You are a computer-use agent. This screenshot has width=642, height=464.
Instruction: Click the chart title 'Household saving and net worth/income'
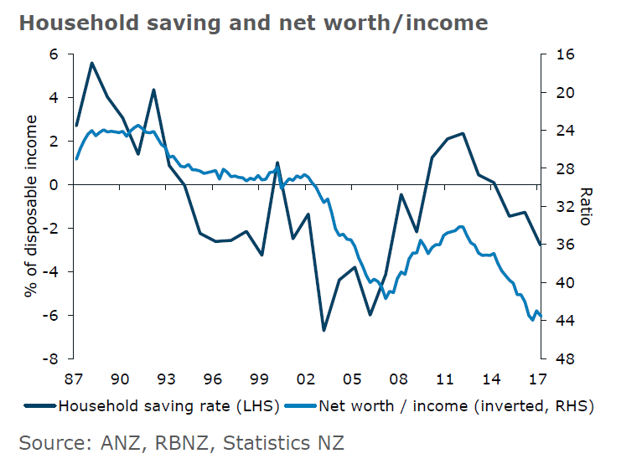coord(253,22)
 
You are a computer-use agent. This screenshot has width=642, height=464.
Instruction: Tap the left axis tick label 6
coord(55,54)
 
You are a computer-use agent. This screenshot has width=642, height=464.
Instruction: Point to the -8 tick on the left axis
coord(52,358)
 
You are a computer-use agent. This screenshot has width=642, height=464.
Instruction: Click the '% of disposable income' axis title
coord(31,206)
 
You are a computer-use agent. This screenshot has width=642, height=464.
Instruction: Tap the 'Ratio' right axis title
coord(586,206)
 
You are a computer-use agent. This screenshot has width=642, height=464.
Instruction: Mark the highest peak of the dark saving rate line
coord(91,63)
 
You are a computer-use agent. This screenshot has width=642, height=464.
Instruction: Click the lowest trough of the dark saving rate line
coord(324,330)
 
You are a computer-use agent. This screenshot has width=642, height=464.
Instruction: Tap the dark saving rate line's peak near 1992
coord(153,90)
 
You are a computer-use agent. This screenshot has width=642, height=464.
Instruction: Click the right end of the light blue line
coord(541,316)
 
